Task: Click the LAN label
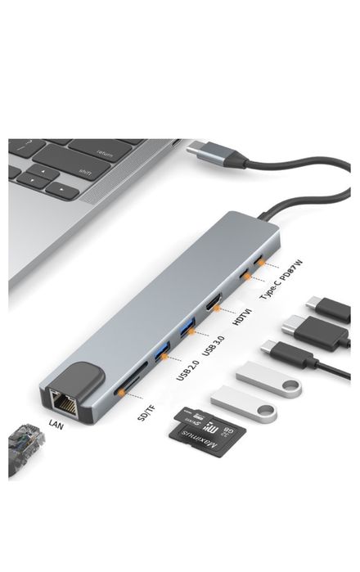56,423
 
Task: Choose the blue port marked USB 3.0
189,331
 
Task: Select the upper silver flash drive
269,380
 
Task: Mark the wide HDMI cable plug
316,334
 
